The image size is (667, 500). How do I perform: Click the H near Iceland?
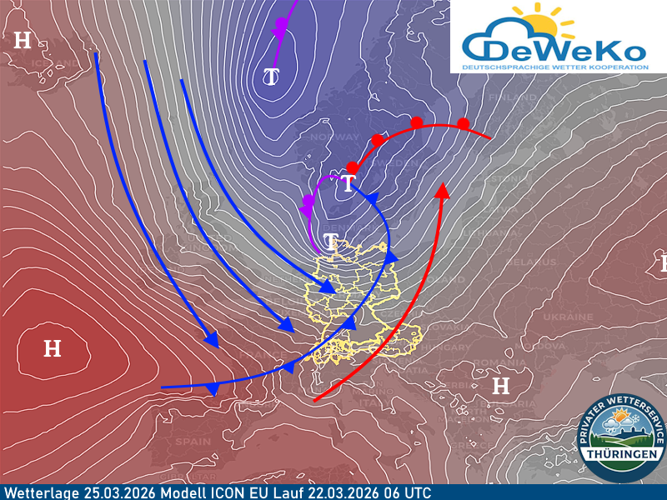(23, 39)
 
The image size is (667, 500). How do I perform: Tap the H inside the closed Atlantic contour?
(52, 348)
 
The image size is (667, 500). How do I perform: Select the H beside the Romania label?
(500, 385)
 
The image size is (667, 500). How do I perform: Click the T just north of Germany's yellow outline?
(331, 242)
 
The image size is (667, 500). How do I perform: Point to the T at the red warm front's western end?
(348, 184)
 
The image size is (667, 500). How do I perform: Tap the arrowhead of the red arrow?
(443, 190)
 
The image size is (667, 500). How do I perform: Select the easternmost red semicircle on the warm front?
(464, 123)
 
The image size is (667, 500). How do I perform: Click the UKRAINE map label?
(568, 317)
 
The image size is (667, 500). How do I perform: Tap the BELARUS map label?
(533, 262)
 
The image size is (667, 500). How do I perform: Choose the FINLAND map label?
(517, 97)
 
